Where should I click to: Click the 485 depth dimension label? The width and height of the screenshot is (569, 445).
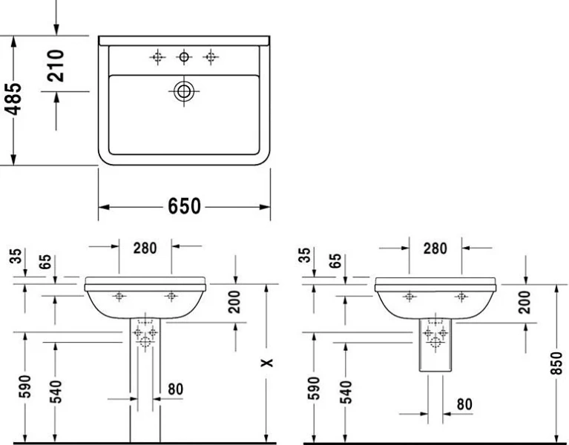(x=13, y=99)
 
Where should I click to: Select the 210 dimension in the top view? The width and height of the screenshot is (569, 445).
(x=56, y=65)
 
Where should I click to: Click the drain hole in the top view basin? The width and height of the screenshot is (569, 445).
(x=183, y=91)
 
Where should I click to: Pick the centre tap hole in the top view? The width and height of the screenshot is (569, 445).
(x=183, y=56)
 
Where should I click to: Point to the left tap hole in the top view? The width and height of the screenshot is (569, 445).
(x=157, y=56)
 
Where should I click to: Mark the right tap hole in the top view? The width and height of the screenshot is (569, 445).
(x=211, y=56)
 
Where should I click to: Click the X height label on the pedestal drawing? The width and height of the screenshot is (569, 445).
(x=269, y=363)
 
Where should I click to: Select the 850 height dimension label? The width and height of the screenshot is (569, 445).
(x=557, y=363)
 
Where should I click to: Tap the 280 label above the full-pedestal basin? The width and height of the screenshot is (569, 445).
(x=145, y=248)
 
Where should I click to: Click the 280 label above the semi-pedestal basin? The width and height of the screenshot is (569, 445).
(x=435, y=248)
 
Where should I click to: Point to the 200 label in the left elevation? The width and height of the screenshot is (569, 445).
(x=235, y=302)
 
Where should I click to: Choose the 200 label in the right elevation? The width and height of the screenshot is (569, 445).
(x=525, y=302)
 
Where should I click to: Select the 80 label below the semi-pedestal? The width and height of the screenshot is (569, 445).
(x=464, y=404)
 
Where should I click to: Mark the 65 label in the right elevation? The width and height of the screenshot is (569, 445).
(x=335, y=262)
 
